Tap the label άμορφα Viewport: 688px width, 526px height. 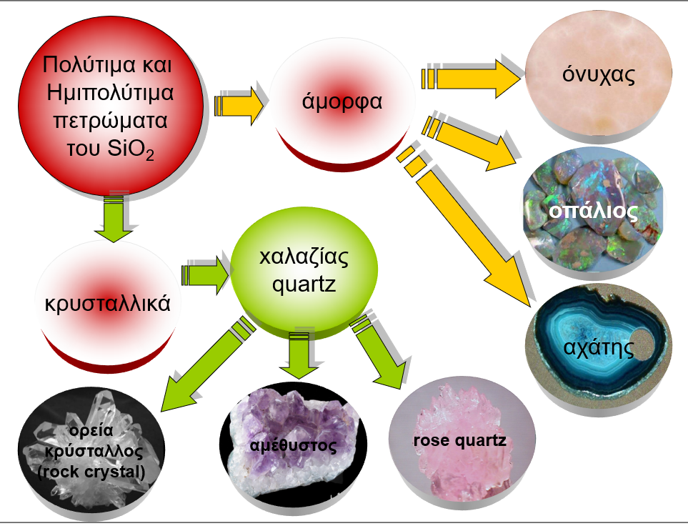[342, 101]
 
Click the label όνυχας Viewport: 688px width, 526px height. [599, 74]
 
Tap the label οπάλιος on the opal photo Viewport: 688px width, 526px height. [593, 212]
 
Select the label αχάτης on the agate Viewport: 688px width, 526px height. [599, 349]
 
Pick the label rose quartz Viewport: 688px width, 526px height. [459, 440]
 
